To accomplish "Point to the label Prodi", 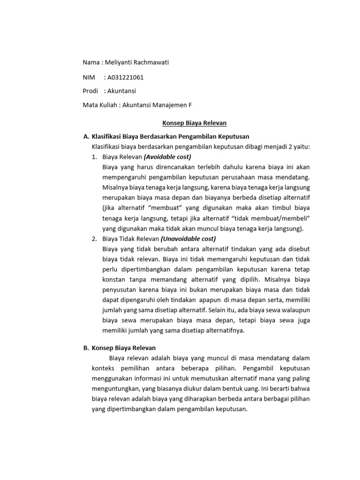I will coord(90,91).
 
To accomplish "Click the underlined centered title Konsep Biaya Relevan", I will coord(194,123).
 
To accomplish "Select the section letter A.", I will coord(85,137).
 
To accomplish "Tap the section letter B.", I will coord(85,348).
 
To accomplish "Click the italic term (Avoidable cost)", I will coord(167,157).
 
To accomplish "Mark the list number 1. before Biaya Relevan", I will coord(94,157).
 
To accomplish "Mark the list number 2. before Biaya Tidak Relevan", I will coord(94,239).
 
